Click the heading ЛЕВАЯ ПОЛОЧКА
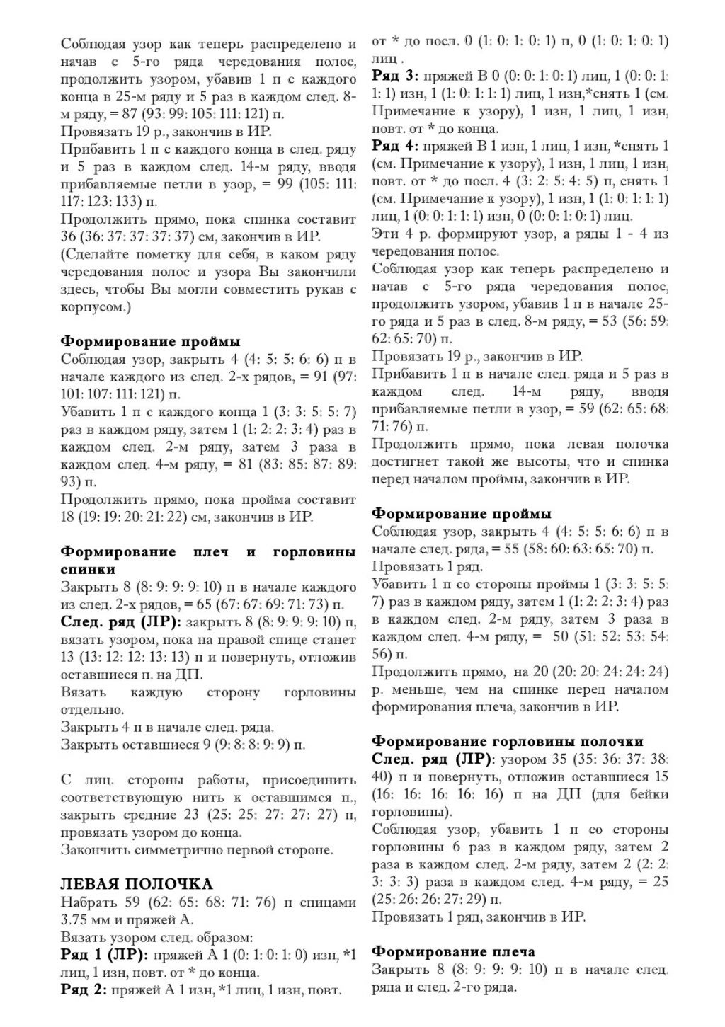coord(137,884)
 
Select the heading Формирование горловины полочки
coord(508,741)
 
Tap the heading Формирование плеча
coord(453,951)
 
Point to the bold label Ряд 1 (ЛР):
coord(104,955)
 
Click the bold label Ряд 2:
coord(84,989)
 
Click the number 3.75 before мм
coord(76,919)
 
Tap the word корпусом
coord(92,307)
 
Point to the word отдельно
coord(92,709)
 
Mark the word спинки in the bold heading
coord(88,569)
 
